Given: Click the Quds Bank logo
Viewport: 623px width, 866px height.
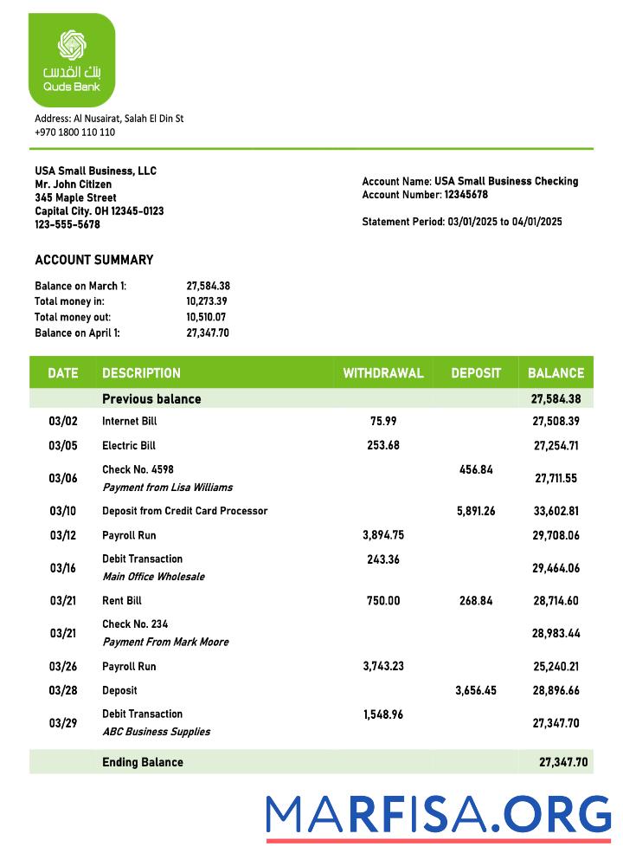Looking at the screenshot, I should click(72, 59).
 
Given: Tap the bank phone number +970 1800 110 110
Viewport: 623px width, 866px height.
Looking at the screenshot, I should click(74, 132).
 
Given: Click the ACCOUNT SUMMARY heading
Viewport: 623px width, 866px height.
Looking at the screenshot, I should click(93, 260).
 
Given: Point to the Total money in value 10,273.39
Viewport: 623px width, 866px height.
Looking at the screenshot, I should click(208, 301).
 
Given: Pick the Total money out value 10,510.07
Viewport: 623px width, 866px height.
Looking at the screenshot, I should click(208, 317).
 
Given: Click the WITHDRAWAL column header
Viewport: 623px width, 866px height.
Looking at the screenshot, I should click(383, 373).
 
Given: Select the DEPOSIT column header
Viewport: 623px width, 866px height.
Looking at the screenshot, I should click(475, 373).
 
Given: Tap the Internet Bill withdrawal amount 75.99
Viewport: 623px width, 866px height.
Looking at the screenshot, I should click(383, 421).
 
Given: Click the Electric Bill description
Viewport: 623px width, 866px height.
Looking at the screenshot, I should click(129, 446).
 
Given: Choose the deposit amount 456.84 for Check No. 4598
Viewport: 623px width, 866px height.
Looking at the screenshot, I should click(475, 469).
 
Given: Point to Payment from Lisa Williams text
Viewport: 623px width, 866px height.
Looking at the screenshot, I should click(167, 488).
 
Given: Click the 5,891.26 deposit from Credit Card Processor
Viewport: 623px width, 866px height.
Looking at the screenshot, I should click(475, 511).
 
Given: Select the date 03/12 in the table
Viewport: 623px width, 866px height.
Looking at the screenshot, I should click(62, 535).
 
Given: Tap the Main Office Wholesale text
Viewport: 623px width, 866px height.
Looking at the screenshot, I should click(154, 577).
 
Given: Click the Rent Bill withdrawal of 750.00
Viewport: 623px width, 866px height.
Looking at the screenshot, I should click(383, 601).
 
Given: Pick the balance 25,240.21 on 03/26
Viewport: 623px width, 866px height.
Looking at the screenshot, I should click(556, 667).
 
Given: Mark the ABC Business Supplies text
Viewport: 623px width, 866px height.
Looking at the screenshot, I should click(156, 732).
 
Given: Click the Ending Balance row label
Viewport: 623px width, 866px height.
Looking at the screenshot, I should click(143, 762).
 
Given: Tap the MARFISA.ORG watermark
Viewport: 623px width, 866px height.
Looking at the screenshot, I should click(438, 815).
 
